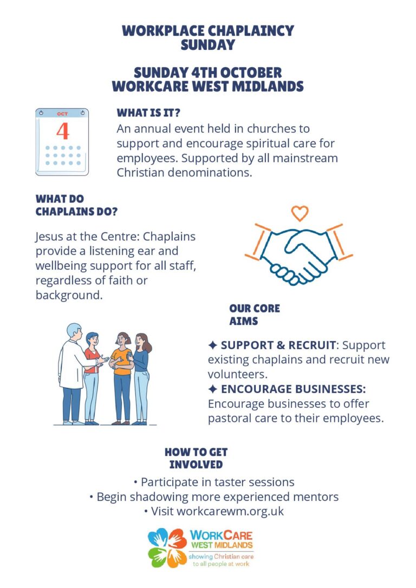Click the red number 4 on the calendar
[x=63, y=131]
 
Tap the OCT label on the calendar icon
[x=62, y=114]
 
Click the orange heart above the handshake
[x=300, y=213]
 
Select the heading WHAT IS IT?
[x=148, y=113]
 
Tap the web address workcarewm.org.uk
[x=230, y=512]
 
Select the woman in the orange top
[x=122, y=378]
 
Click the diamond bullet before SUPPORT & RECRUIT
[x=213, y=345]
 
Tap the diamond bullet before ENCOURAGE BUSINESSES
[x=213, y=389]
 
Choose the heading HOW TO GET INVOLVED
[x=196, y=458]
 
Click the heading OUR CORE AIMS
[x=255, y=315]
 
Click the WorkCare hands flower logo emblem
[x=167, y=548]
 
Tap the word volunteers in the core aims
[x=237, y=374]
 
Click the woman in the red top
[x=92, y=378]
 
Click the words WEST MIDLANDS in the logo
[x=222, y=545]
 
